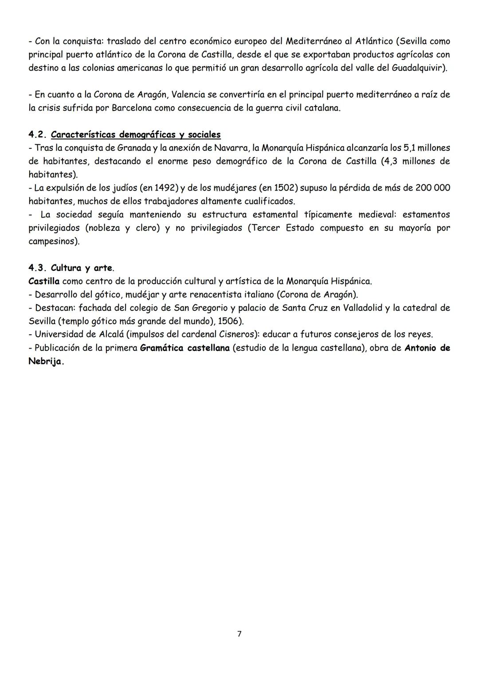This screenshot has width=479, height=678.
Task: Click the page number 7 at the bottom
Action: [x=239, y=634]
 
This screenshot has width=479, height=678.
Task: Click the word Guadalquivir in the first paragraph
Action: [x=418, y=68]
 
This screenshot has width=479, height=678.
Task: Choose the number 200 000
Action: [x=433, y=188]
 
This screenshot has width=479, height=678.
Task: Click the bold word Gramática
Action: [x=161, y=348]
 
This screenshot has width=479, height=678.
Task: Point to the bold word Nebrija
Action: [x=45, y=361]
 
